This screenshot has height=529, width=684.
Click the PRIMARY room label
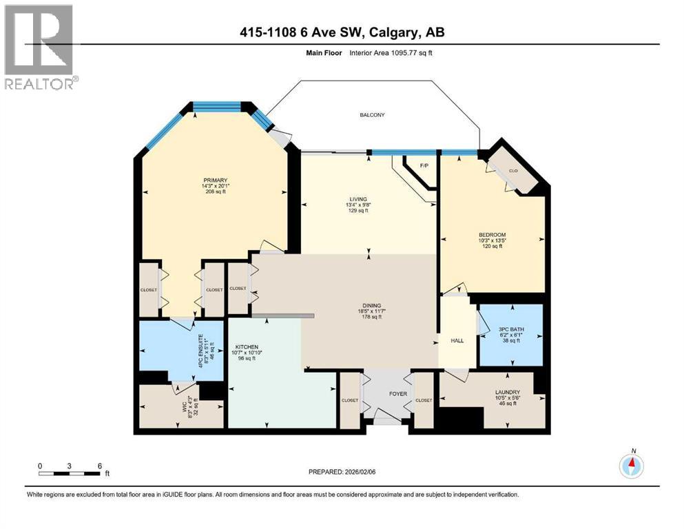click(215, 180)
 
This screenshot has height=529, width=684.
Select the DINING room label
click(372, 306)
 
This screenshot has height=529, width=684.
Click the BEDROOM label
click(492, 235)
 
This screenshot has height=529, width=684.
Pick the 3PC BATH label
click(510, 330)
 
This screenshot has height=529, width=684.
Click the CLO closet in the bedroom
click(513, 170)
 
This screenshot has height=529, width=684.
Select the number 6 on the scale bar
click(100, 466)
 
